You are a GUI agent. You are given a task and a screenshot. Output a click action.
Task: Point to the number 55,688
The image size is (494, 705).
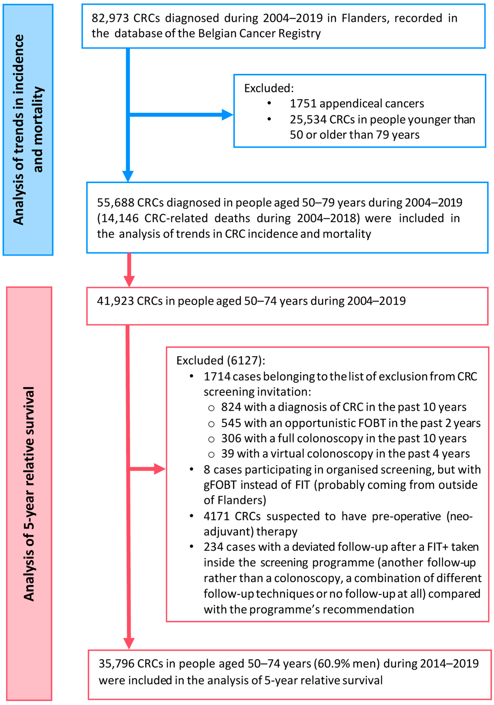[x=115, y=203]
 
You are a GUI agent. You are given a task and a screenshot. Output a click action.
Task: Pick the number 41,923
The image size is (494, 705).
[x=115, y=301]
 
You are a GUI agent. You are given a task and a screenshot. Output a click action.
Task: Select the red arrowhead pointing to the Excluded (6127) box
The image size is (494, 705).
[x=160, y=469]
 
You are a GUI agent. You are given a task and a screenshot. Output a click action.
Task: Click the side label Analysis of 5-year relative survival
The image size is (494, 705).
[x=29, y=494]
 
